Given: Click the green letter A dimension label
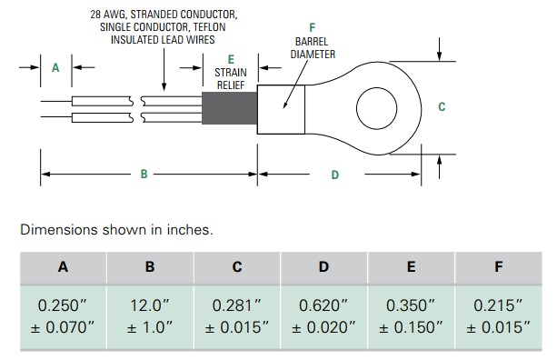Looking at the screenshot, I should (x=55, y=67).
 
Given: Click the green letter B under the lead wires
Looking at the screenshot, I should (x=144, y=174).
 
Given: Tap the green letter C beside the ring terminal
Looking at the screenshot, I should (x=442, y=107).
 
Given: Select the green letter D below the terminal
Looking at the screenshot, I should (x=334, y=174).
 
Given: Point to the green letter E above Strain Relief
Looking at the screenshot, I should (x=230, y=59).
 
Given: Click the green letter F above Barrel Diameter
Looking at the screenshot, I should (x=313, y=28).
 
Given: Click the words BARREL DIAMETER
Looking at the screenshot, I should (x=313, y=48).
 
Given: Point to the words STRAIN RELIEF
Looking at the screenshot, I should (x=230, y=78).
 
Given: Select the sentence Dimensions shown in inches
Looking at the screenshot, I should (x=116, y=230).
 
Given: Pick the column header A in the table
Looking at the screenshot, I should (x=63, y=267).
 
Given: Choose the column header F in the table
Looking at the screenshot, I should (x=498, y=267).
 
